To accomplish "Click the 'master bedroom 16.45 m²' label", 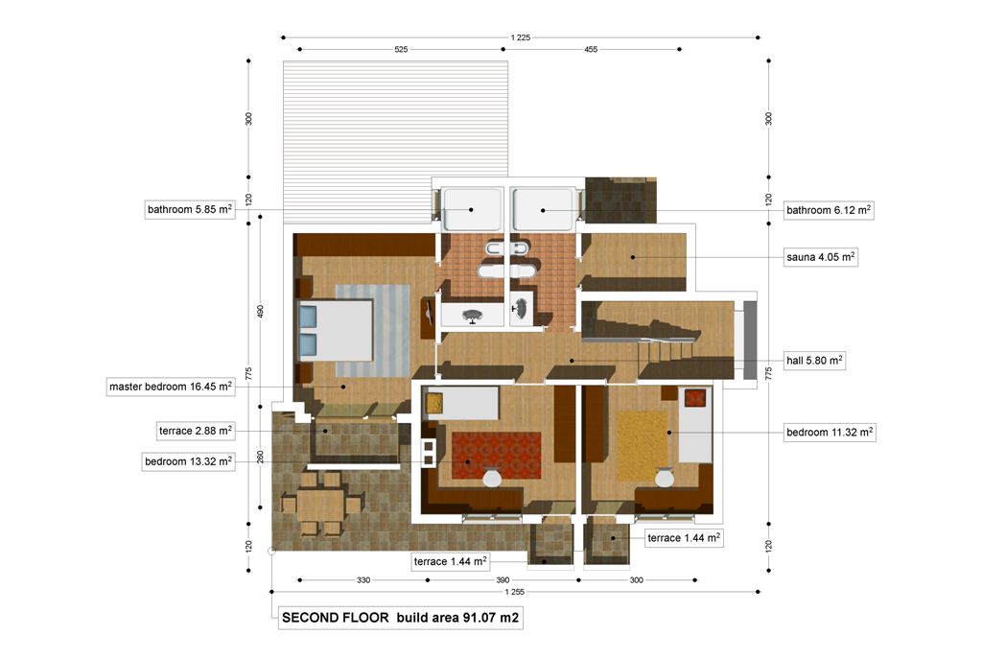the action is tap(171, 387).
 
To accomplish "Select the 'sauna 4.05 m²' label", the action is tap(821, 257).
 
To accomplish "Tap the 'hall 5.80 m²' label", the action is tap(814, 360).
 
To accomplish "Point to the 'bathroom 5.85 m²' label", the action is tap(190, 209).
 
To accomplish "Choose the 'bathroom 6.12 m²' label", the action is tap(829, 210).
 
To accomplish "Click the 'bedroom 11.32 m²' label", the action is tap(830, 433).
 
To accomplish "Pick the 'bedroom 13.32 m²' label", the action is tap(189, 461).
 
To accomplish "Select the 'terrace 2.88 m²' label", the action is tap(196, 431).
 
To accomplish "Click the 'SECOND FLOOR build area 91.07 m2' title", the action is tap(400, 618).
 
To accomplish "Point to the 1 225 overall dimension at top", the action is tap(521, 37).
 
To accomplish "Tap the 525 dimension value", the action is tap(401, 50).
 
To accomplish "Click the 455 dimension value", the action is tap(591, 50).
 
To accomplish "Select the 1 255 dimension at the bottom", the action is tap(515, 592).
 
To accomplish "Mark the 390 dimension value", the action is tap(503, 580).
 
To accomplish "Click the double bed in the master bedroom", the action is tap(336, 330).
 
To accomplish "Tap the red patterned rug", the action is tap(497, 456).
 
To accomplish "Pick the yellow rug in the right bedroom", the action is tap(643, 445).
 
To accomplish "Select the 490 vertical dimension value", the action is tap(261, 312).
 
